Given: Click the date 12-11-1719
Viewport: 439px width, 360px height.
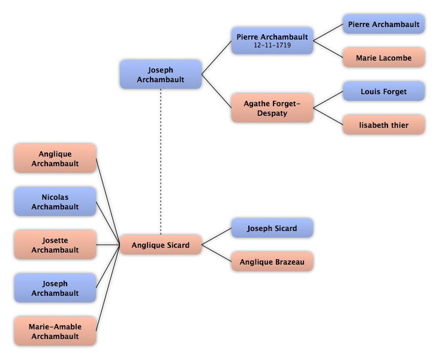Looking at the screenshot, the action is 272,45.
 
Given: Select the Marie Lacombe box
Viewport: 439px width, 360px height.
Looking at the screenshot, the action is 384,58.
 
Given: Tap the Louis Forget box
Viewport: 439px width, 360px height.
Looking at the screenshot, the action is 384,91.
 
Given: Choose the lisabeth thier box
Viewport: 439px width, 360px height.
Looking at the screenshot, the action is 384,125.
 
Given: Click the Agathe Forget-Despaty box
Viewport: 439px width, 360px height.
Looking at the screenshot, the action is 272,108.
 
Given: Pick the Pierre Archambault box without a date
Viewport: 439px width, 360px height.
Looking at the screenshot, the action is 384,24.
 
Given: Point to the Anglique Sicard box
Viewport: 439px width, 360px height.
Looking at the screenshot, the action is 161,245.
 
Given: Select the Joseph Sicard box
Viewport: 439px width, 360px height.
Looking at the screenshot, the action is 272,228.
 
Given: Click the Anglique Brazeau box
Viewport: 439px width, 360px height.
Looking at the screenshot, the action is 272,262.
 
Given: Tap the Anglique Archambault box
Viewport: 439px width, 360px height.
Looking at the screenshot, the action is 55,158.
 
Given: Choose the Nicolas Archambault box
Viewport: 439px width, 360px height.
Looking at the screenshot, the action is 55,202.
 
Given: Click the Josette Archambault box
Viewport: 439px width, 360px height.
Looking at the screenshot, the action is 55,245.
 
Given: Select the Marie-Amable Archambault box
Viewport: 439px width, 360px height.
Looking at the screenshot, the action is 55,331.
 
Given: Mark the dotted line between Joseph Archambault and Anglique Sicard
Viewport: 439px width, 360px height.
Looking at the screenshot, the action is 161,162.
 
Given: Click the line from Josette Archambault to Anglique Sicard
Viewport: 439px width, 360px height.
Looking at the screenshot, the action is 108,245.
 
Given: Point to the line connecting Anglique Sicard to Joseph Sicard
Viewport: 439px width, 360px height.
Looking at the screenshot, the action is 217,236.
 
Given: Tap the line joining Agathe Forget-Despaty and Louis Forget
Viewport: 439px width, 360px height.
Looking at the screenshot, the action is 328,100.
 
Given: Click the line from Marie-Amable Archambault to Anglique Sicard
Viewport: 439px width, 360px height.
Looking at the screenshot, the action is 108,288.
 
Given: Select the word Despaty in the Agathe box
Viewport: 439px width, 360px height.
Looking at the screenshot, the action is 272,113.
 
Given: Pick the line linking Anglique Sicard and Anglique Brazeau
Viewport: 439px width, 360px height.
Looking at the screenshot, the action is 217,253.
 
